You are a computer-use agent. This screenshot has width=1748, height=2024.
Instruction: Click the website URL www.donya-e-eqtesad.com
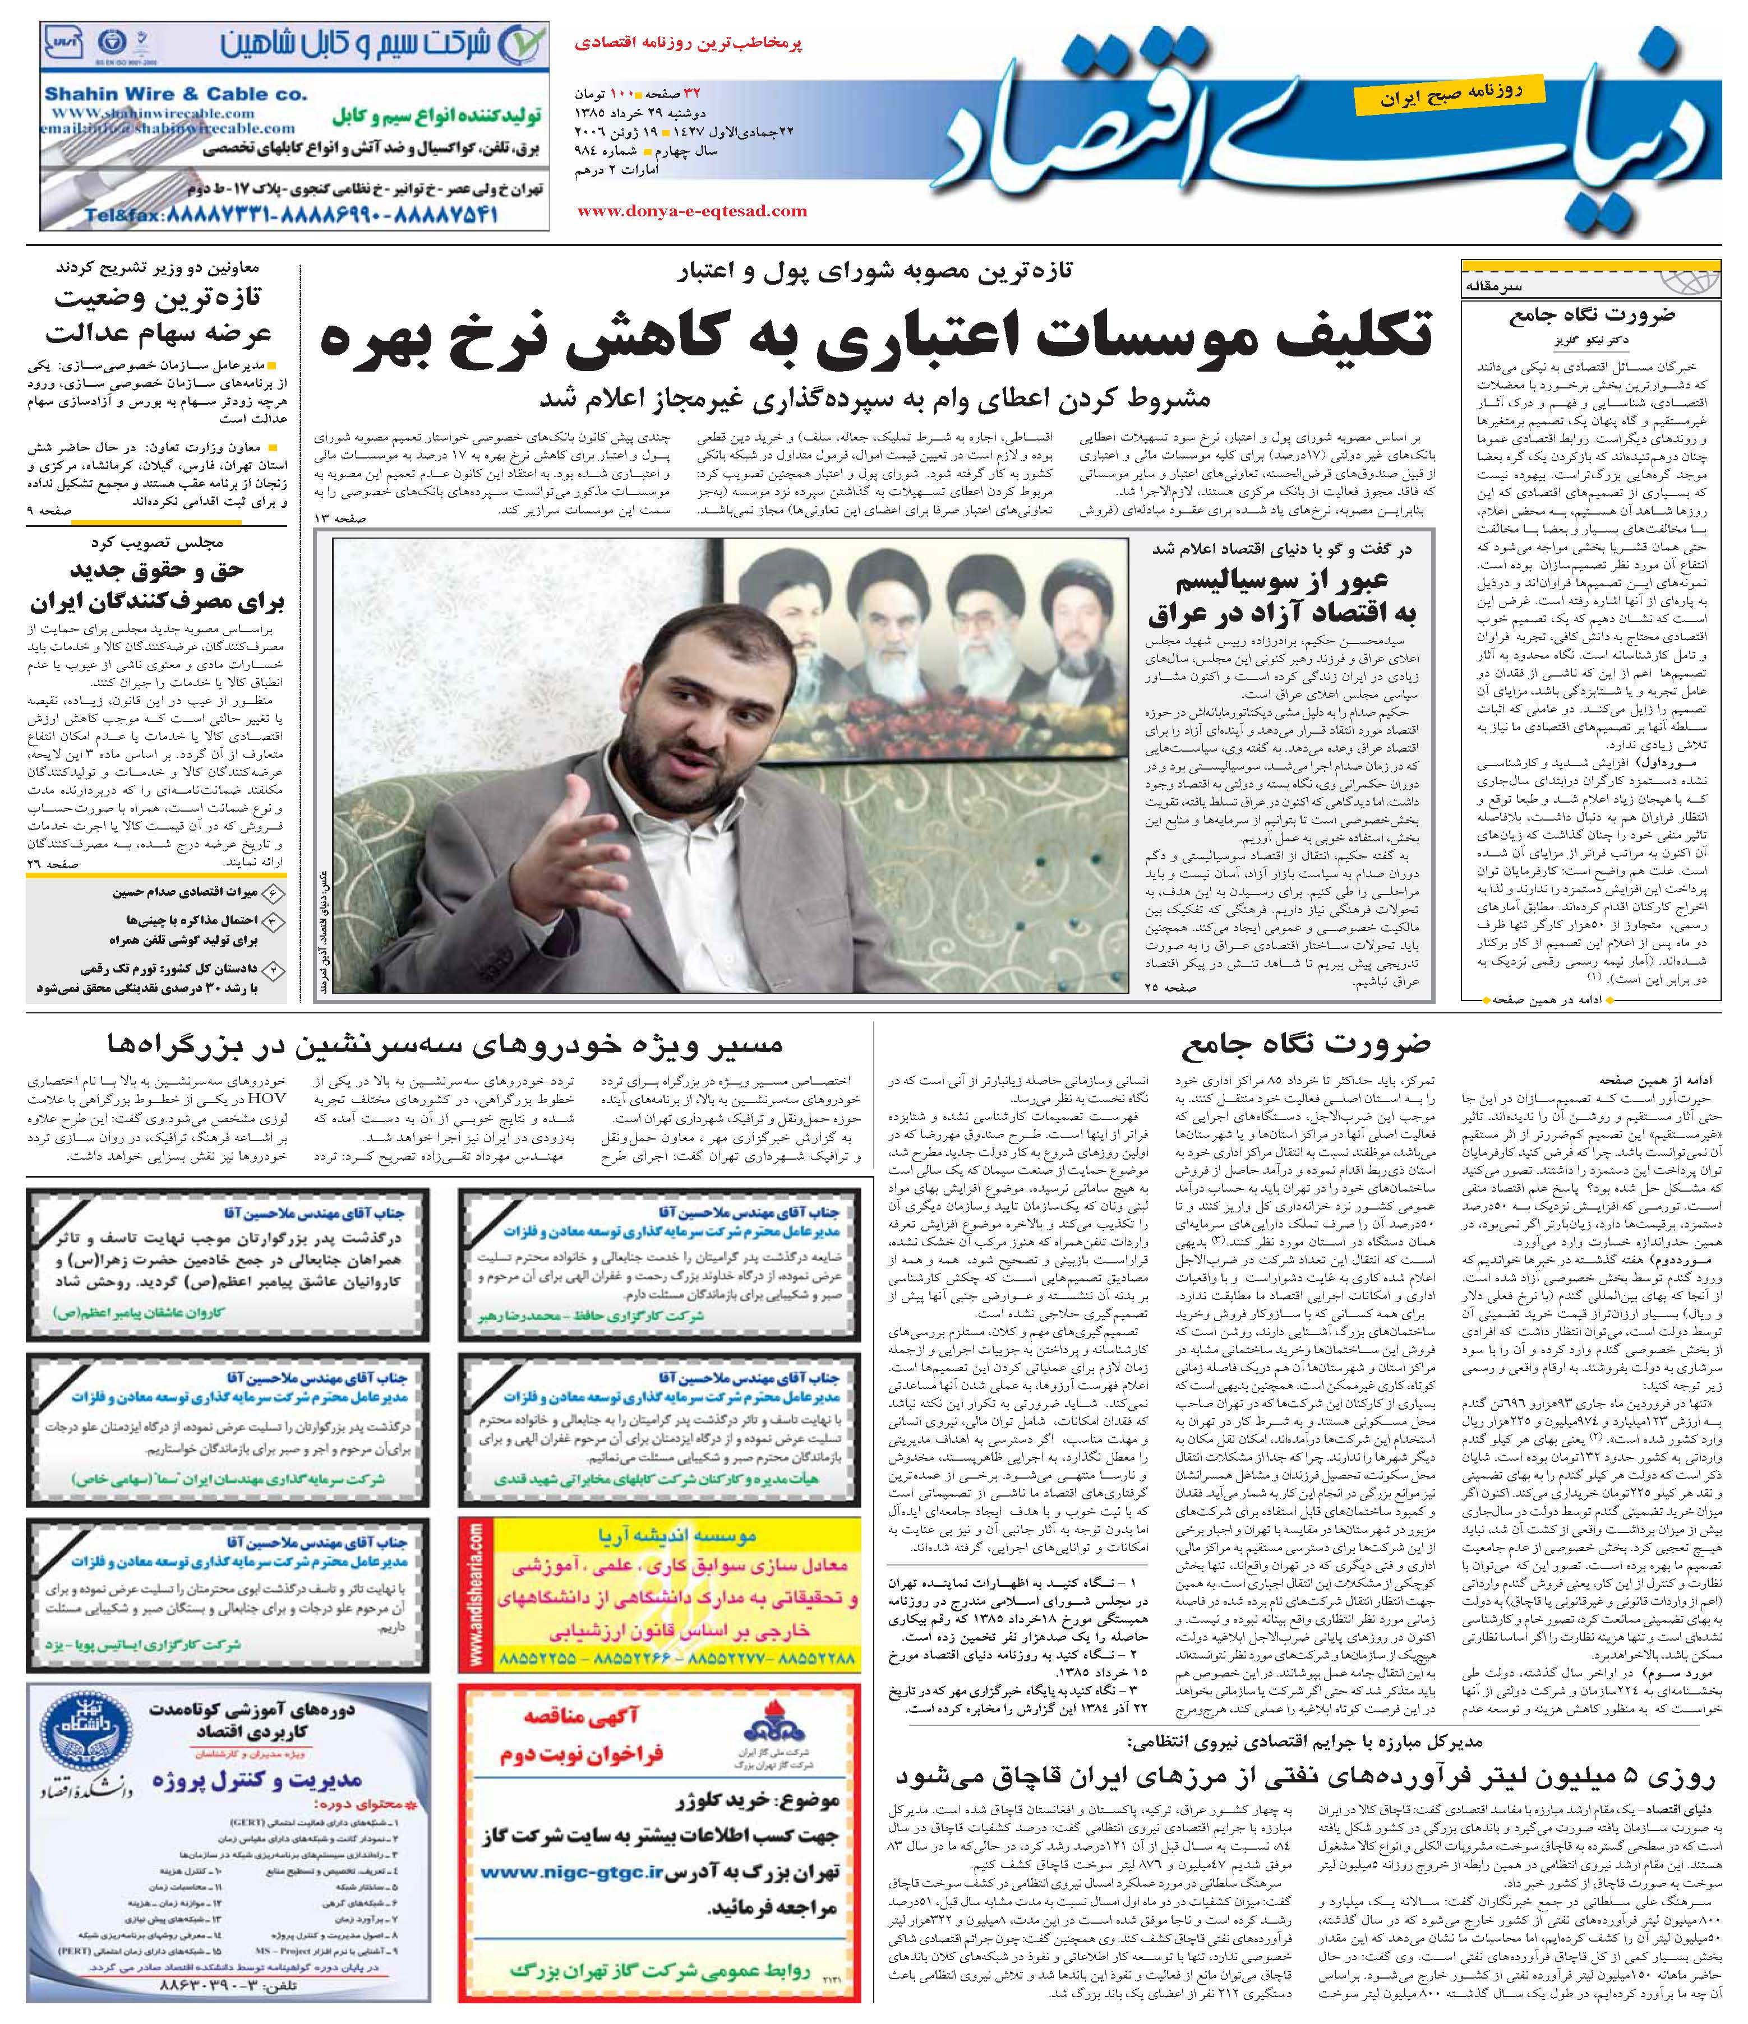point(692,211)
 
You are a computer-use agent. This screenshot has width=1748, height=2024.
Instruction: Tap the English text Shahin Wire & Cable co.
point(176,95)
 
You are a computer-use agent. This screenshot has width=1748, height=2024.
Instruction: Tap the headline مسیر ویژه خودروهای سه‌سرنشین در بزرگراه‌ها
point(442,1045)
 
